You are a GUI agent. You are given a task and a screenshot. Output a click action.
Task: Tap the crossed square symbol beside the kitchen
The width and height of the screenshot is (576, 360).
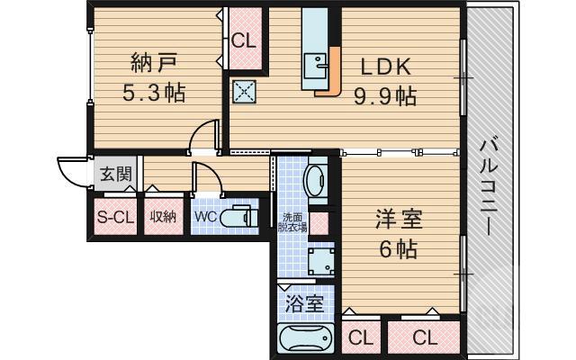[x=244, y=91]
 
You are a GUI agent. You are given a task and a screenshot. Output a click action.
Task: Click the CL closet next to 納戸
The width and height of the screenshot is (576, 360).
[x=243, y=40]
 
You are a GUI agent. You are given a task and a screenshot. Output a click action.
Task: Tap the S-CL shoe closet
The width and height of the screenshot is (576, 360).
[x=114, y=216]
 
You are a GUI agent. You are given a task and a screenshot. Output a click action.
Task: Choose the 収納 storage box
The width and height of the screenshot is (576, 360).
[x=162, y=216]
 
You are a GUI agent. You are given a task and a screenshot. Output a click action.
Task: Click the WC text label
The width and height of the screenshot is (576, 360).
[x=204, y=217]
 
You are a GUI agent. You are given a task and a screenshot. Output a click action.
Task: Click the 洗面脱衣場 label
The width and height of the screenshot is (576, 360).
[x=294, y=222]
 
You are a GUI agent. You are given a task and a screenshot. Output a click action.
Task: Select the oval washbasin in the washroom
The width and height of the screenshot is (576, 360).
[x=317, y=180]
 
